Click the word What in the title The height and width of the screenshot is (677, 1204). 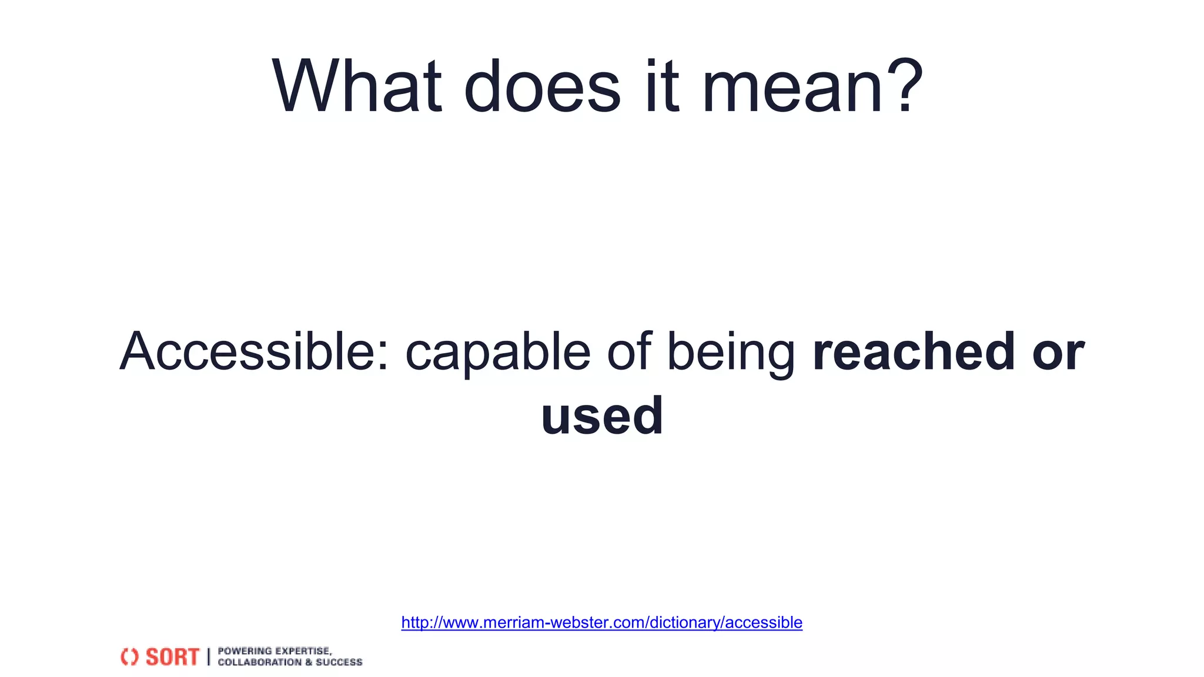356,86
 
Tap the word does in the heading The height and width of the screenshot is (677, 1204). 542,86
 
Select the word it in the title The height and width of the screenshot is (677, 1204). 661,86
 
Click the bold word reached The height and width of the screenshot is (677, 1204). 914,351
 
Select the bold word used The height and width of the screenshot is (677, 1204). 602,416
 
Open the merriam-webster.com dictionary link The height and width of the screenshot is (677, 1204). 601,622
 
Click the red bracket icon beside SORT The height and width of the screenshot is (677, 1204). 129,656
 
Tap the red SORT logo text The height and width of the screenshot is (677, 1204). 172,656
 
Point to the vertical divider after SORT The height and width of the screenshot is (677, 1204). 208,656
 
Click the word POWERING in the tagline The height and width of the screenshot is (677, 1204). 245,651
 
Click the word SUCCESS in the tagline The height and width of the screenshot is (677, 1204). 339,662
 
